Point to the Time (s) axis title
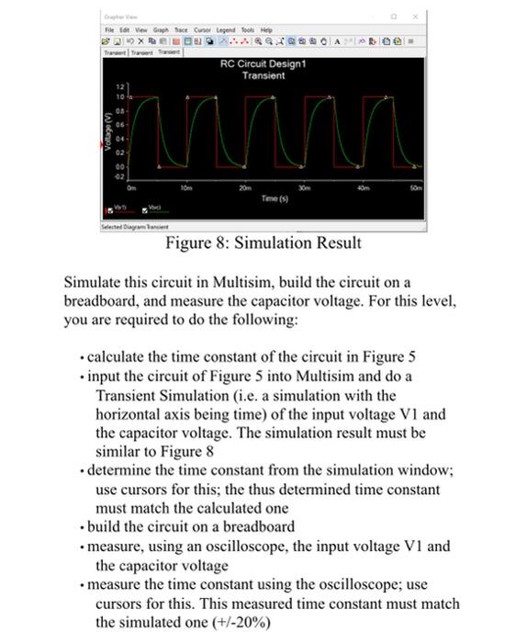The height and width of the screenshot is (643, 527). [x=275, y=197]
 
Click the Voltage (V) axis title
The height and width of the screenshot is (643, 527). [x=107, y=130]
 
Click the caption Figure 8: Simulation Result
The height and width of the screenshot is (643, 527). [x=263, y=243]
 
